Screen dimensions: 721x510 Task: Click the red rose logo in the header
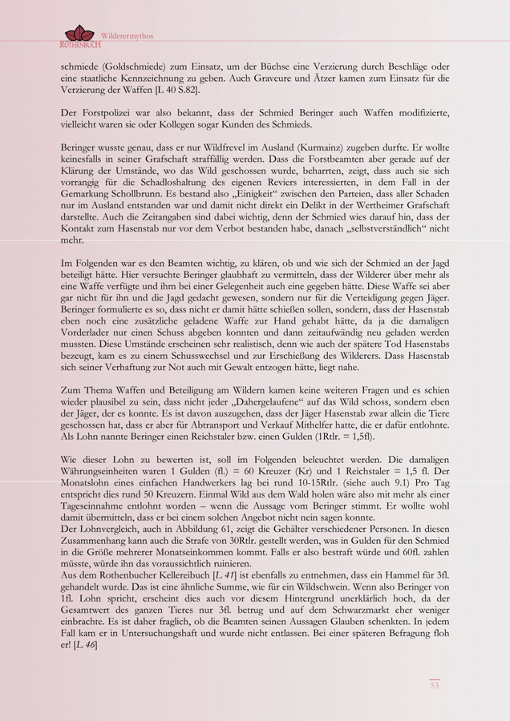[79, 33]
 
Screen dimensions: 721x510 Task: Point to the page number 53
[435, 686]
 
